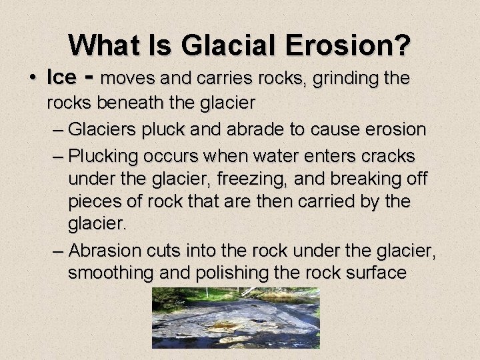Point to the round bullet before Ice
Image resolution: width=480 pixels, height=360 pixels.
pos(33,78)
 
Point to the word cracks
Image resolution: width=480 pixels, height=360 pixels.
pos(387,156)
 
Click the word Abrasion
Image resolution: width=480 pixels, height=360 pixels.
pos(104,251)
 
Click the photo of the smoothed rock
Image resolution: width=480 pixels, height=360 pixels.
pos(235,317)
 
